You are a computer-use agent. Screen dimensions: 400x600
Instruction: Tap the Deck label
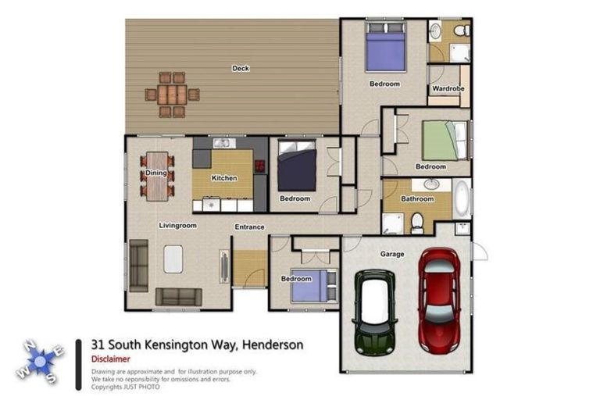[x=241, y=69]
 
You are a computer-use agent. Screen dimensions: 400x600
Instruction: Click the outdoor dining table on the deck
[x=172, y=95]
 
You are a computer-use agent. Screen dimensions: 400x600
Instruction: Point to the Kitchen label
[x=224, y=178]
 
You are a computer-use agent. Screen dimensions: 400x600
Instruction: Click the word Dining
[x=156, y=173]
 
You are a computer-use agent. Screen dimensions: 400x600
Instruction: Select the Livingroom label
[x=177, y=226]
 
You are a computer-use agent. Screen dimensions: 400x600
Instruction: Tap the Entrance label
[x=249, y=227]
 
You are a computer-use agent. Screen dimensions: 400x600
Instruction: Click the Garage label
[x=391, y=254]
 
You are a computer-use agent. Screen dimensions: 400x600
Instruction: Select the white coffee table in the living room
[x=173, y=259]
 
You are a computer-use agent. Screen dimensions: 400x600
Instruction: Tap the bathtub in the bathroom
[x=462, y=199]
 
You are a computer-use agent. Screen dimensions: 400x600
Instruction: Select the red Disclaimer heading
[x=108, y=359]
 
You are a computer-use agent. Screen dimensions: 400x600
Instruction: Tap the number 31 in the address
[x=98, y=345]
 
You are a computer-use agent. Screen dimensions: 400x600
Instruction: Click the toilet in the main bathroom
[x=417, y=222]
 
